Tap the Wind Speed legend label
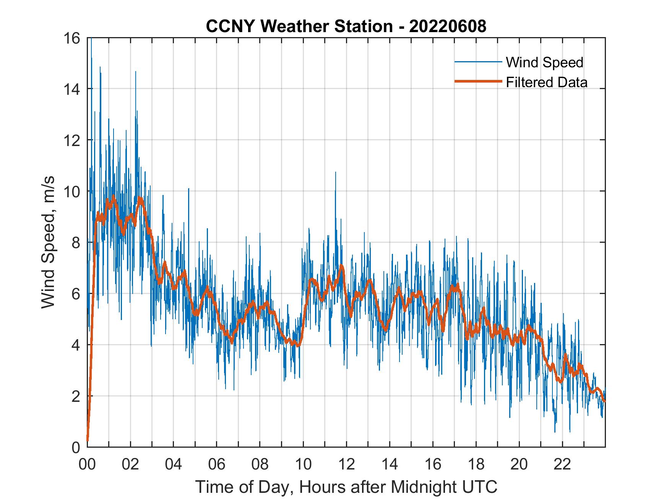pos(544,62)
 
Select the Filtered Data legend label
pos(547,82)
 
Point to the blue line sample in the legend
pos(478,62)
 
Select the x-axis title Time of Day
pos(346,487)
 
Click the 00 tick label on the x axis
pos(87,465)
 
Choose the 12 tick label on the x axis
pos(346,465)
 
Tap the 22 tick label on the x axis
pos(562,465)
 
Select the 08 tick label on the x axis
pos(260,465)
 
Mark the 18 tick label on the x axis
pos(476,465)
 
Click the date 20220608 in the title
pos(447,26)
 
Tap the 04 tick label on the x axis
pos(174,465)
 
